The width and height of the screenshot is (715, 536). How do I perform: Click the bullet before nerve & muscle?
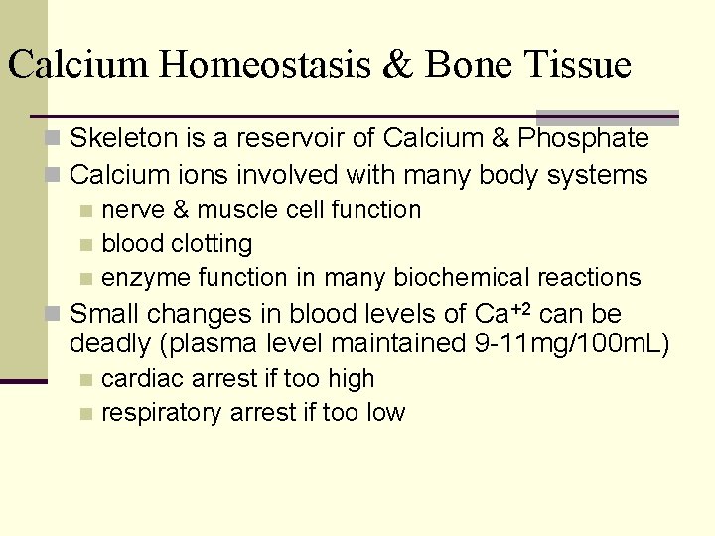pyautogui.click(x=87, y=211)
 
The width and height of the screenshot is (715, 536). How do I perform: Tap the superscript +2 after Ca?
pyautogui.click(x=521, y=308)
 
